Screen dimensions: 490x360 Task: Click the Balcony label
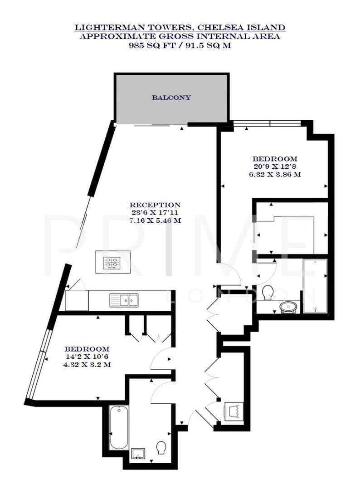[x=171, y=98]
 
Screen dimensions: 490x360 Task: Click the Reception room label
[x=155, y=205]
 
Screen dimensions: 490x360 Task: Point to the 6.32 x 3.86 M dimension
[x=275, y=174]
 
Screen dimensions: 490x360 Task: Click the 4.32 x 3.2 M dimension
[x=87, y=364]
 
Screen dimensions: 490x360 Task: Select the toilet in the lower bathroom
[x=161, y=448]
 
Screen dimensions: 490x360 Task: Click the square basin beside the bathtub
[x=137, y=452]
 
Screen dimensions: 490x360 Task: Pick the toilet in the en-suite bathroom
[x=267, y=292]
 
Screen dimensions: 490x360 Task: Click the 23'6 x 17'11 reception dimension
[x=155, y=213]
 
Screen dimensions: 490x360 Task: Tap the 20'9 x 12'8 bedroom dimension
[x=275, y=167]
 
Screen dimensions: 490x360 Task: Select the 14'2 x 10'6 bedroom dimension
[x=87, y=357]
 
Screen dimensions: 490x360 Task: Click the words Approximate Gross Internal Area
[x=180, y=36]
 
